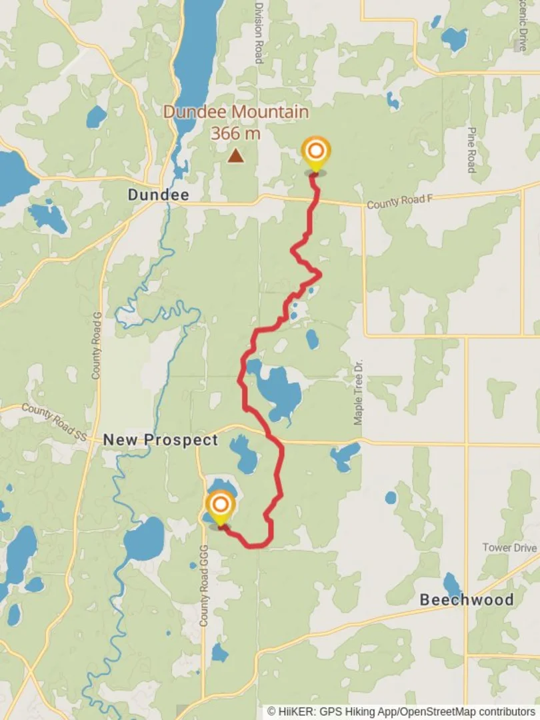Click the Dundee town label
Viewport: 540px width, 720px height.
[x=158, y=195]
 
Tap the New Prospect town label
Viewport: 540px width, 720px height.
[x=160, y=440]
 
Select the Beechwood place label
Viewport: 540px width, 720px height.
[x=466, y=599]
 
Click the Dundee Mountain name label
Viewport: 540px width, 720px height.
[x=235, y=112]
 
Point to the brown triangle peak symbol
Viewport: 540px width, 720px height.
[x=235, y=156]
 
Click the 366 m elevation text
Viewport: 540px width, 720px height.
[x=235, y=133]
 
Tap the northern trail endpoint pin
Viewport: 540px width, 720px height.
[x=315, y=154]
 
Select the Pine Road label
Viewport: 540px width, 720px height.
[x=471, y=150]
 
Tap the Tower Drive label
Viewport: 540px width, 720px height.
[x=509, y=547]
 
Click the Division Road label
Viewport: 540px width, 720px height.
[x=259, y=32]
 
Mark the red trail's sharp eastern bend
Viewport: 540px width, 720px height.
[x=320, y=274]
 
